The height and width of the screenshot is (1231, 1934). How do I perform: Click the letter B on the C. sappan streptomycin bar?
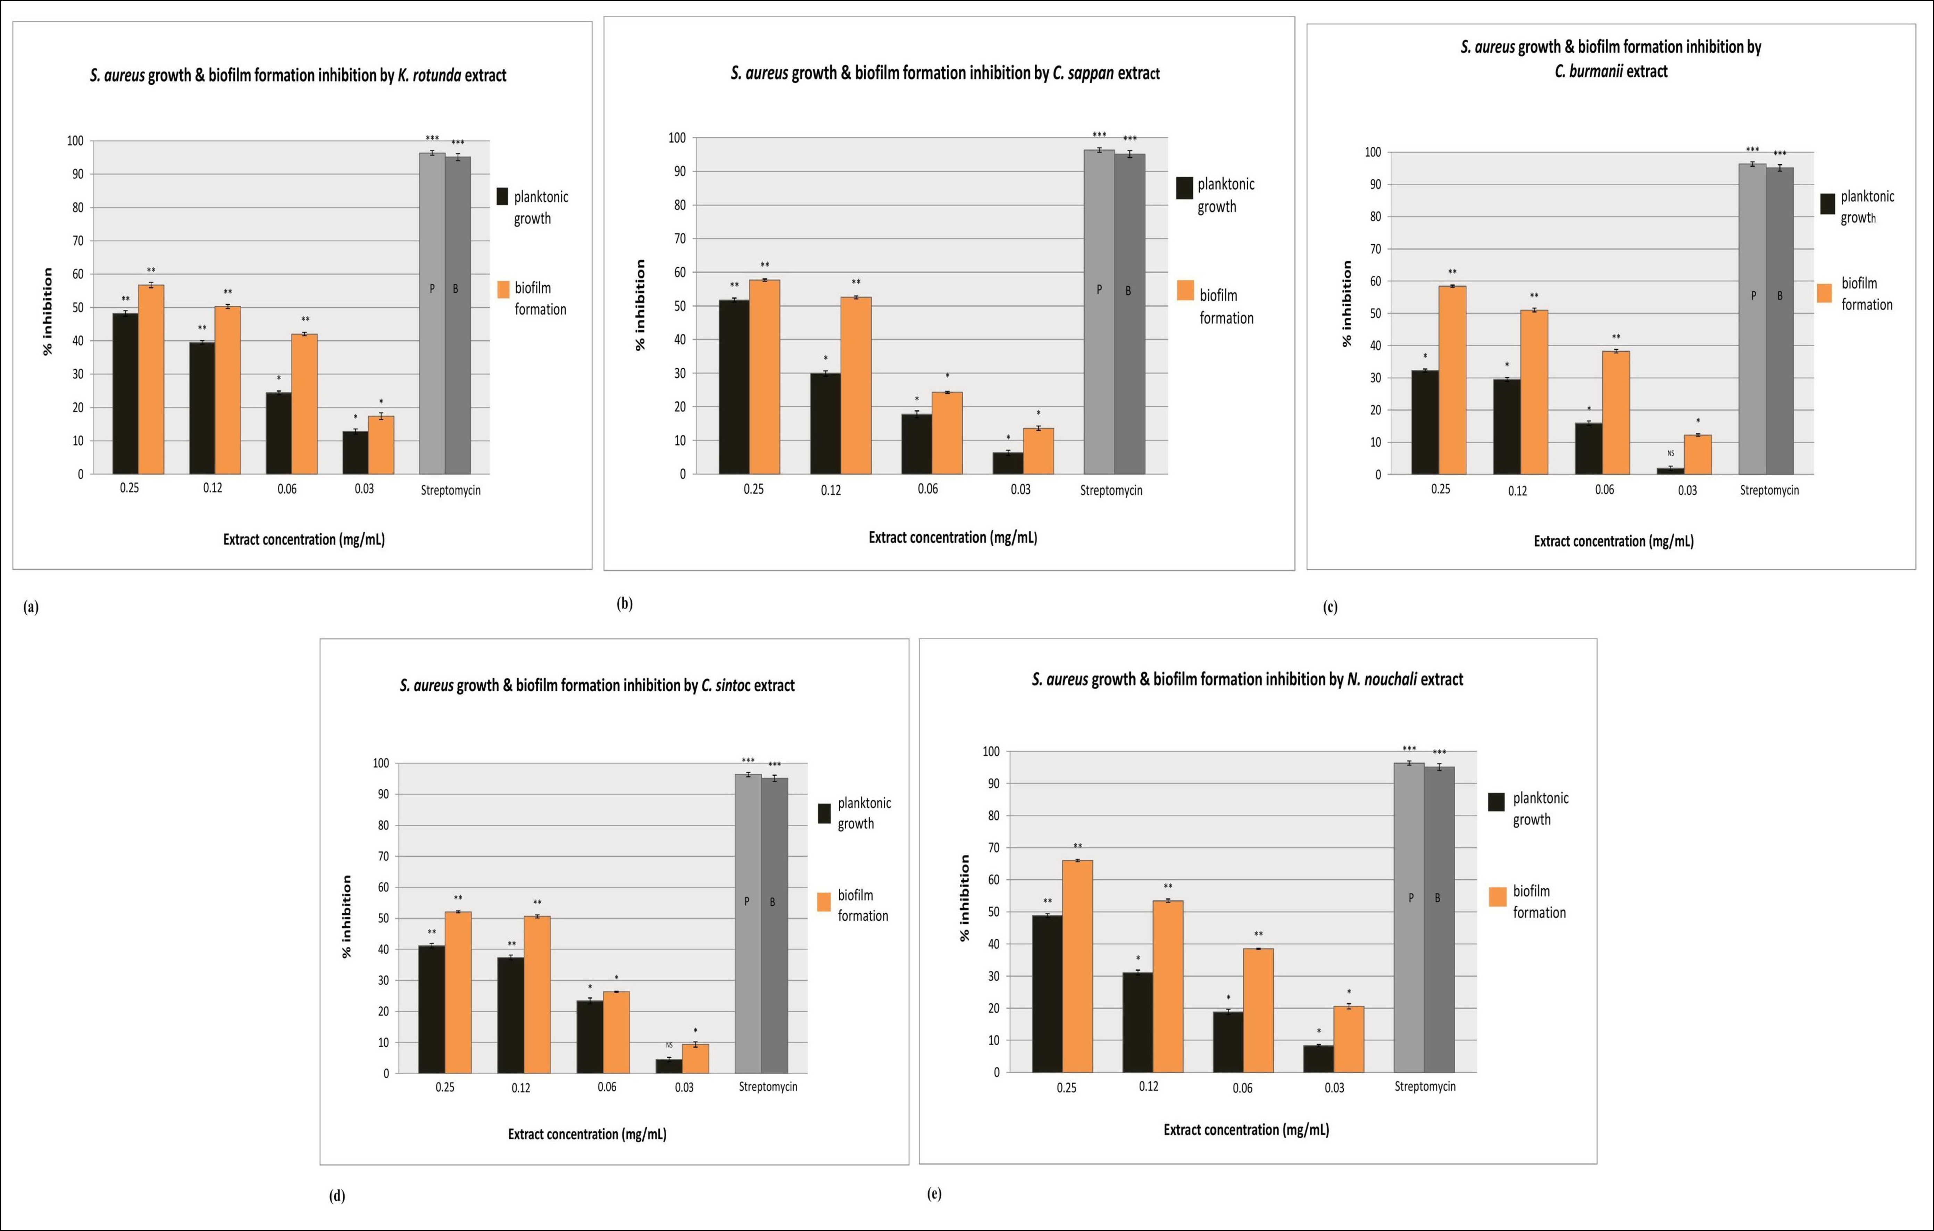(1128, 291)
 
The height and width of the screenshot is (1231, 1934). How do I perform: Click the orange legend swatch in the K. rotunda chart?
(503, 289)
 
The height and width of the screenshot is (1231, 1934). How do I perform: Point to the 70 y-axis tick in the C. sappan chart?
(680, 238)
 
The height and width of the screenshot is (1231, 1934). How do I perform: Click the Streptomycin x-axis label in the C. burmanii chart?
(1769, 490)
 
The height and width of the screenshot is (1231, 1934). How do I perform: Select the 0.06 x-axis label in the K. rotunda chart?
(287, 488)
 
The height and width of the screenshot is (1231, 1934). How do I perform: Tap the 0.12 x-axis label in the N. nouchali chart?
(1149, 1086)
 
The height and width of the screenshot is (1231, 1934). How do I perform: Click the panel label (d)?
(337, 1196)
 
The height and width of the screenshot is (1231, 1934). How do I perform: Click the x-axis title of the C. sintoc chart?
(587, 1134)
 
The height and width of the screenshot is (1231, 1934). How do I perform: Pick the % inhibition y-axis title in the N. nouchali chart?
(965, 898)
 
